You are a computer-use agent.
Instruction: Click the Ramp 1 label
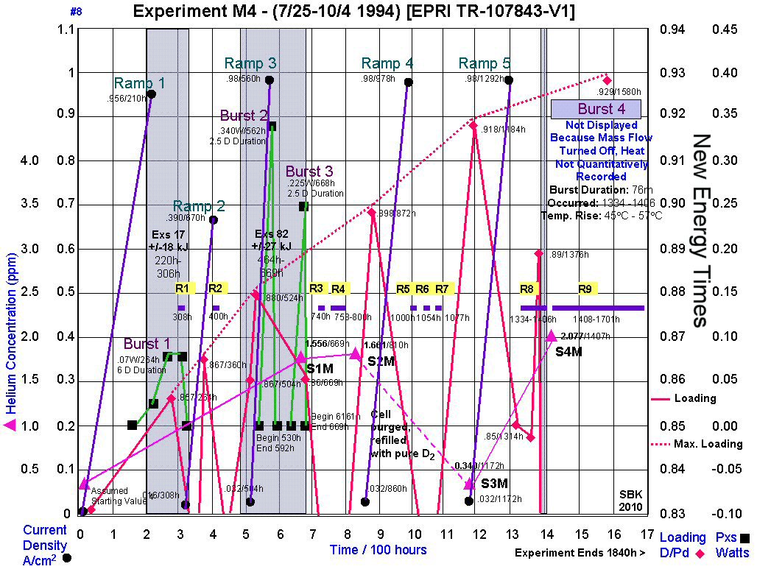(x=140, y=83)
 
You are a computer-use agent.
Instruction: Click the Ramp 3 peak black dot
(x=270, y=80)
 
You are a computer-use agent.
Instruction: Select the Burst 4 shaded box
(x=596, y=110)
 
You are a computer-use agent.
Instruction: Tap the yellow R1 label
(x=182, y=288)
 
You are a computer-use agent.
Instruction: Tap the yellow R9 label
(x=585, y=288)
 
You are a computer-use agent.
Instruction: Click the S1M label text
(x=320, y=368)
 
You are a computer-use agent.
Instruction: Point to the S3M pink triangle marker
(x=469, y=484)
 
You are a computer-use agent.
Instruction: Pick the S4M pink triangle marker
(x=552, y=336)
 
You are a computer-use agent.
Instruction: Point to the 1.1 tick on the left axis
(x=66, y=29)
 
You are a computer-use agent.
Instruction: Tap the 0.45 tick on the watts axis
(x=725, y=29)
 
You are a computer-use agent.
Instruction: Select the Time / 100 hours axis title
(x=378, y=549)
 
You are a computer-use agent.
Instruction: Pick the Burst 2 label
(x=244, y=116)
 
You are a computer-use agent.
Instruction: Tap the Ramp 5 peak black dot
(x=508, y=80)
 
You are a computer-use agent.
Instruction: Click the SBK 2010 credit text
(x=630, y=501)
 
